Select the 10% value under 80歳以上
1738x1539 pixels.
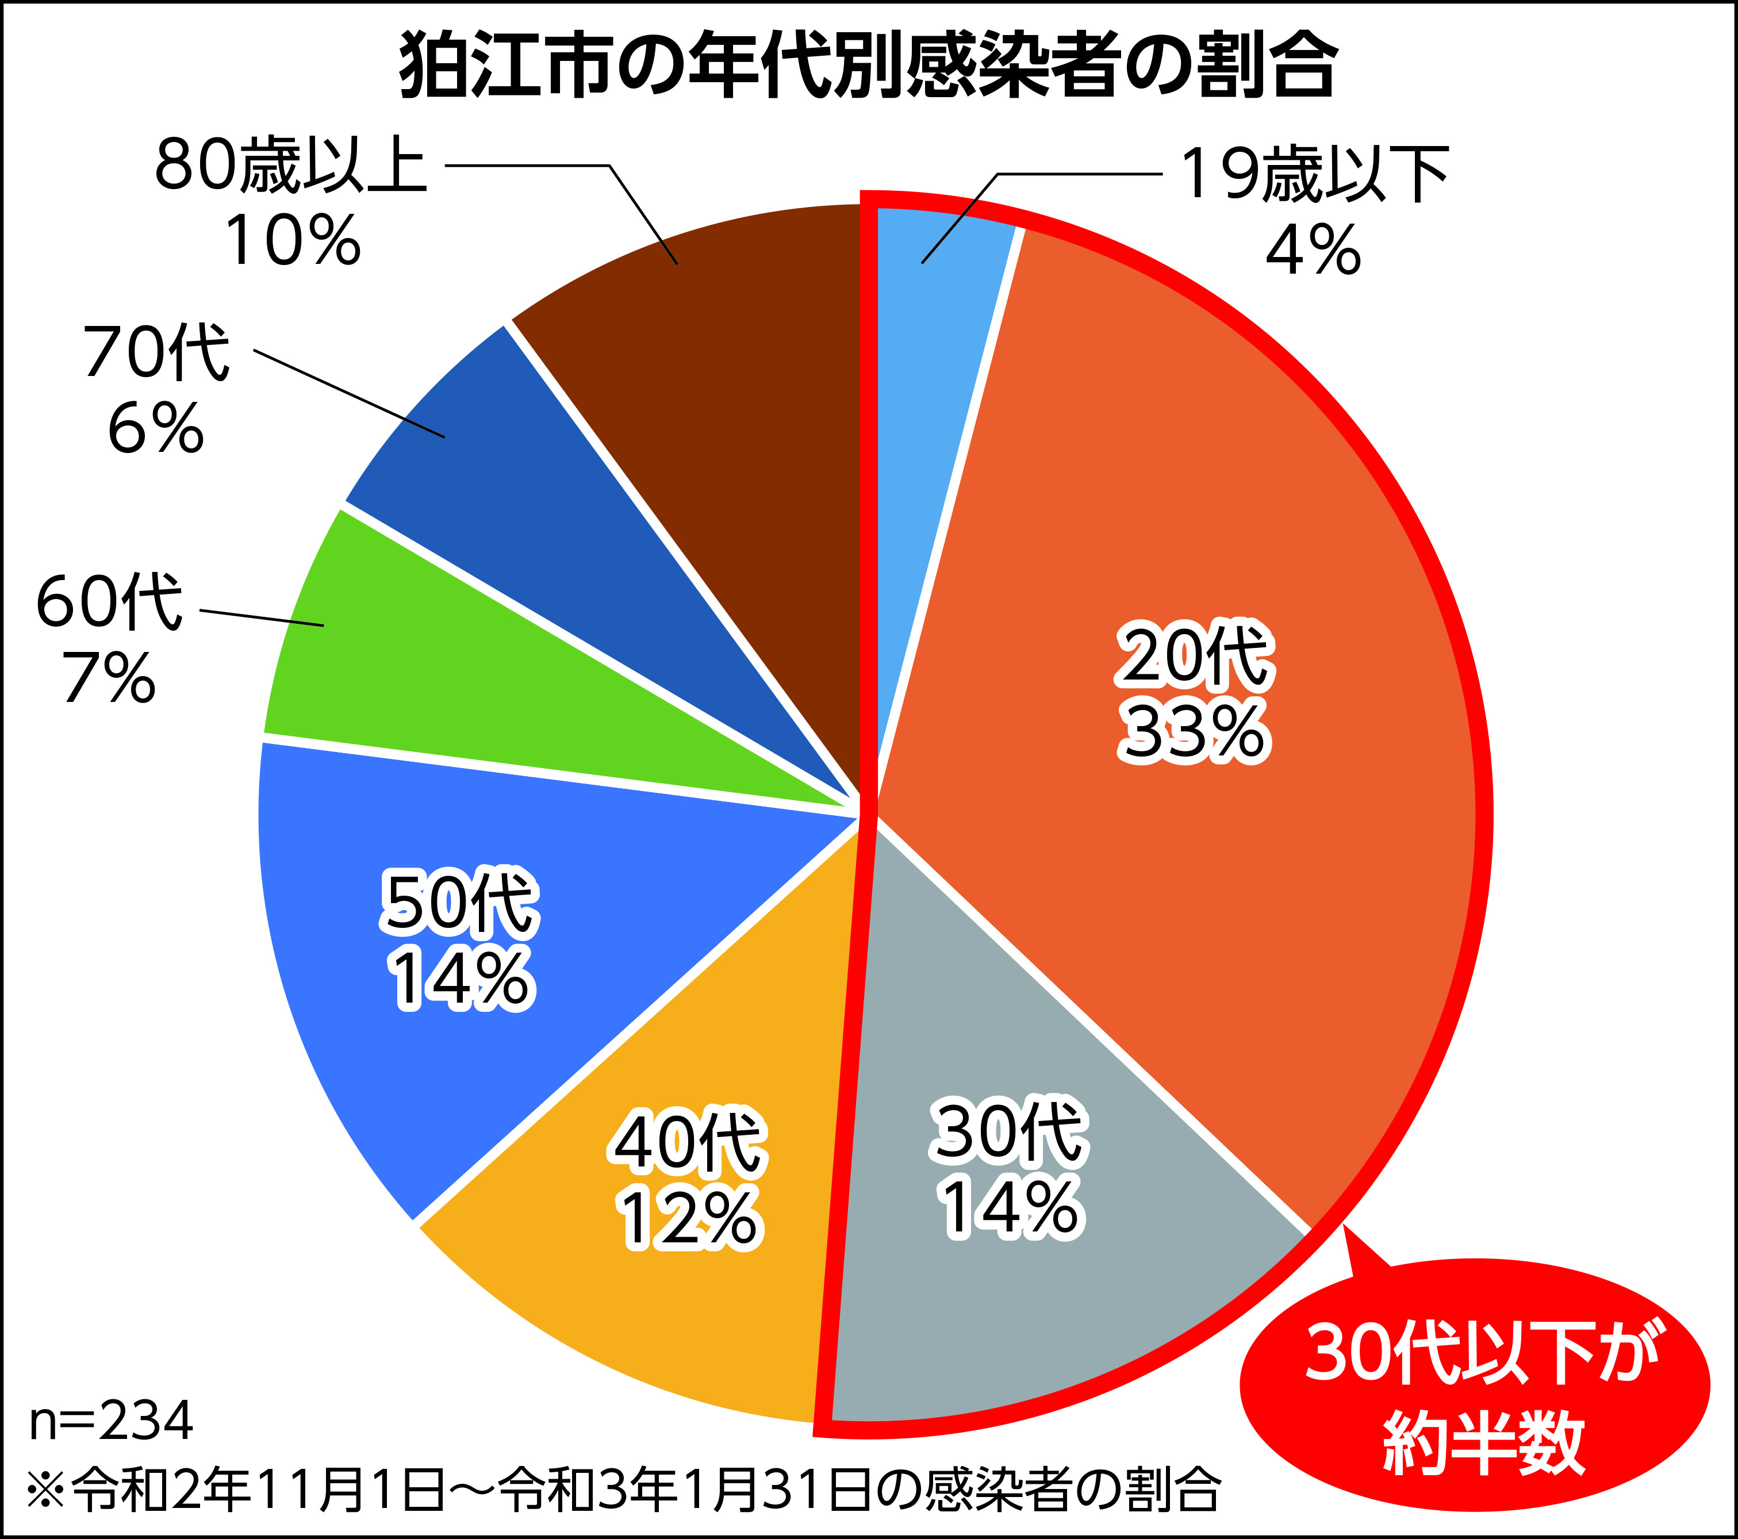(293, 241)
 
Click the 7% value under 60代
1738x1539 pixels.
(109, 678)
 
